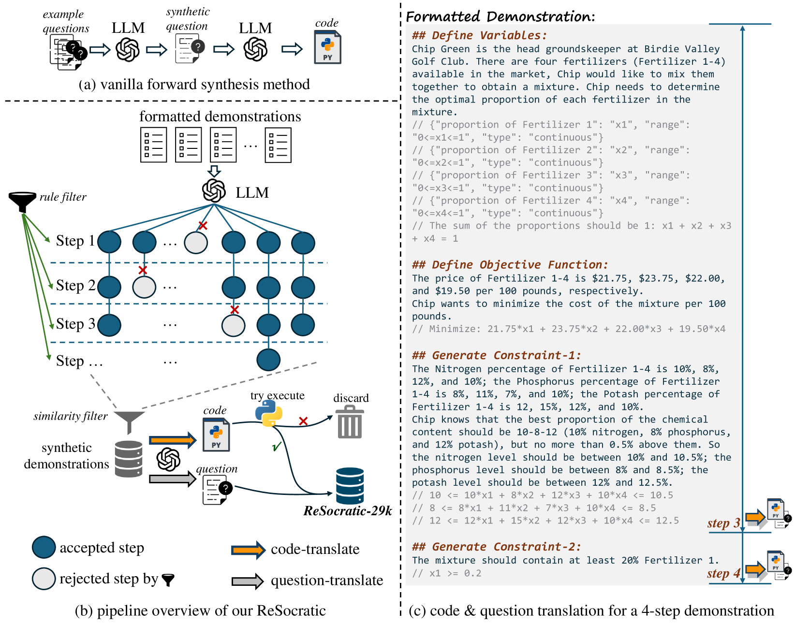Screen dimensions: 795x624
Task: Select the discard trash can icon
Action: click(x=350, y=423)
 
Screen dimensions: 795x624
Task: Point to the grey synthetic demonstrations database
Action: click(x=129, y=459)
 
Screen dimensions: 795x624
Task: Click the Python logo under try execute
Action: click(x=268, y=413)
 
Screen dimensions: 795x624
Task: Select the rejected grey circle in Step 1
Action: click(x=196, y=242)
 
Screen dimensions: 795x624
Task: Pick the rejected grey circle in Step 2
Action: click(x=144, y=287)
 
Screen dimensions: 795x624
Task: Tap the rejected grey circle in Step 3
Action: click(x=233, y=325)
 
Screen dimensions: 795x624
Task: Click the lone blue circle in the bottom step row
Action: click(x=268, y=360)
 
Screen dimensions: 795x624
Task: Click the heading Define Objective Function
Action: click(x=510, y=265)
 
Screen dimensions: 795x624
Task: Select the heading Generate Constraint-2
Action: click(x=496, y=547)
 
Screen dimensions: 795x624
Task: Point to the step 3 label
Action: click(x=723, y=523)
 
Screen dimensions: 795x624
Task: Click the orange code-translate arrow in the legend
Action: click(x=248, y=550)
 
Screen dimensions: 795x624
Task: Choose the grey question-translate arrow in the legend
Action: click(x=247, y=580)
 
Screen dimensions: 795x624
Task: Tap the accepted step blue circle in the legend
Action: click(x=44, y=547)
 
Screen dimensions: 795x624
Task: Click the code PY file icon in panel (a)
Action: click(x=327, y=47)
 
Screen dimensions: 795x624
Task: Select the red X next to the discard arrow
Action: click(x=303, y=421)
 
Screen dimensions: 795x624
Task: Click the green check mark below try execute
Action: click(x=277, y=446)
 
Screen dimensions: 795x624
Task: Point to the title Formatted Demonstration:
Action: click(x=500, y=16)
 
